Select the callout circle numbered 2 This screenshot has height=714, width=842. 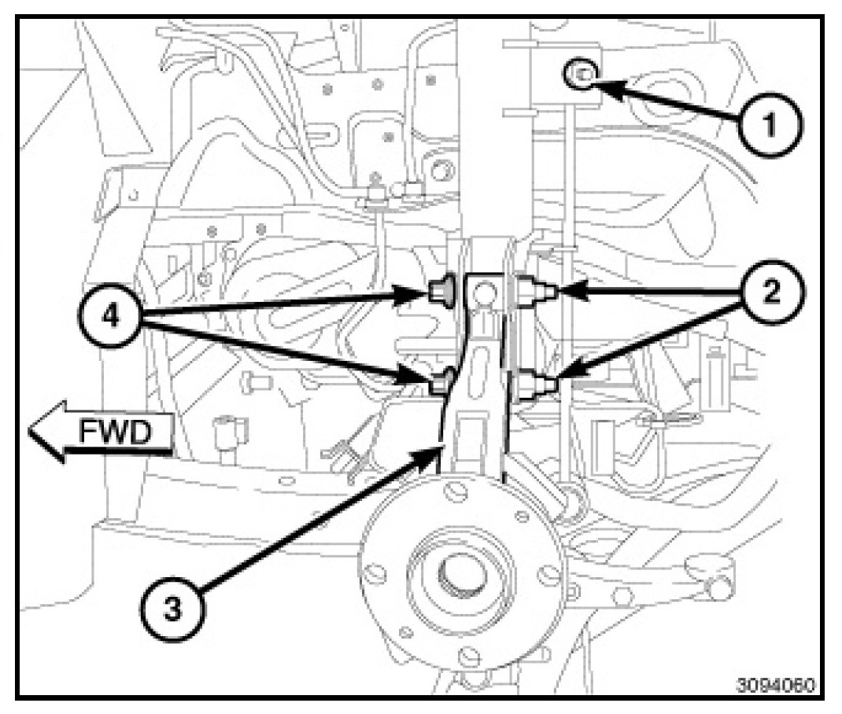[x=770, y=292]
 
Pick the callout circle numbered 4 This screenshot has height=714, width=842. [x=111, y=320]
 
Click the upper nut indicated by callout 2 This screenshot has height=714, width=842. [x=537, y=293]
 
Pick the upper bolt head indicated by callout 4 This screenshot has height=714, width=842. [x=439, y=293]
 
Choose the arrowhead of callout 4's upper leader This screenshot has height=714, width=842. [x=420, y=295]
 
